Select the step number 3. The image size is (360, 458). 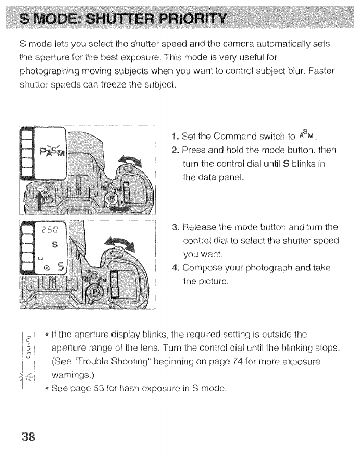(174, 228)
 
